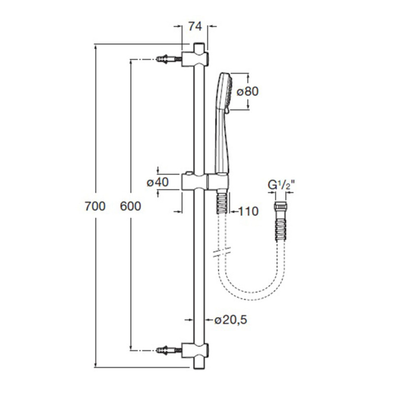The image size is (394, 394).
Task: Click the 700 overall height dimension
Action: tap(95, 206)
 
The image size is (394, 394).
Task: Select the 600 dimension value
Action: tap(131, 206)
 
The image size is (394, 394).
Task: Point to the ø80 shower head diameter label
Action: tap(247, 91)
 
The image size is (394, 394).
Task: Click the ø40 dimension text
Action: tap(158, 182)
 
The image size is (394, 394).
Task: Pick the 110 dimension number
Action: tap(248, 212)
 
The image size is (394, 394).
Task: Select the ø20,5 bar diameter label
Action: tap(230, 320)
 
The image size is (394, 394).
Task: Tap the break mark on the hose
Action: tap(220, 255)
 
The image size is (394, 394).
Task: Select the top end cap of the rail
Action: tap(199, 47)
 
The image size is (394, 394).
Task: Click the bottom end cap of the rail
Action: tap(199, 362)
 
